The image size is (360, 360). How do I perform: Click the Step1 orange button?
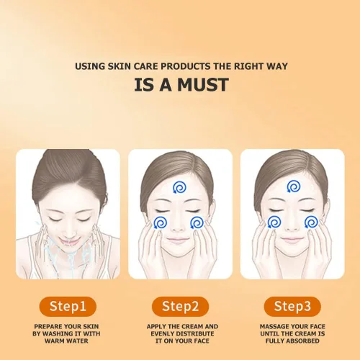pyautogui.click(x=68, y=307)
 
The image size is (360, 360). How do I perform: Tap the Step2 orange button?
pyautogui.click(x=180, y=307)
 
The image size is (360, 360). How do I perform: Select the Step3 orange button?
pyautogui.click(x=292, y=307)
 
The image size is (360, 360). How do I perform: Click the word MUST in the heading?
pyautogui.click(x=203, y=85)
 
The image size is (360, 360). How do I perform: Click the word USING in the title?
pyautogui.click(x=90, y=66)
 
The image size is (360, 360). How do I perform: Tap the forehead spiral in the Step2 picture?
pyautogui.click(x=179, y=187)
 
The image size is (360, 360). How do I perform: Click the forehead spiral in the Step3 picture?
pyautogui.click(x=294, y=186)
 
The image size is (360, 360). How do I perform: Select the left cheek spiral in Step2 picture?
pyautogui.click(x=161, y=223)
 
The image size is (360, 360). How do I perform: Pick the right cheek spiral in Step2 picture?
pyautogui.click(x=197, y=223)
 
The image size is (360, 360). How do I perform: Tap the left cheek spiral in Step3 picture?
pyautogui.click(x=274, y=222)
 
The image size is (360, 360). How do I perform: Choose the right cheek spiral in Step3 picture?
pyautogui.click(x=311, y=222)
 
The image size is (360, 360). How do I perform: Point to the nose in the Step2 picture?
pyautogui.click(x=179, y=227)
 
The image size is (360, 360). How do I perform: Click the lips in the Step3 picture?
pyautogui.click(x=292, y=239)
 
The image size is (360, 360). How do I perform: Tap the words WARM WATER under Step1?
pyautogui.click(x=66, y=341)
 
